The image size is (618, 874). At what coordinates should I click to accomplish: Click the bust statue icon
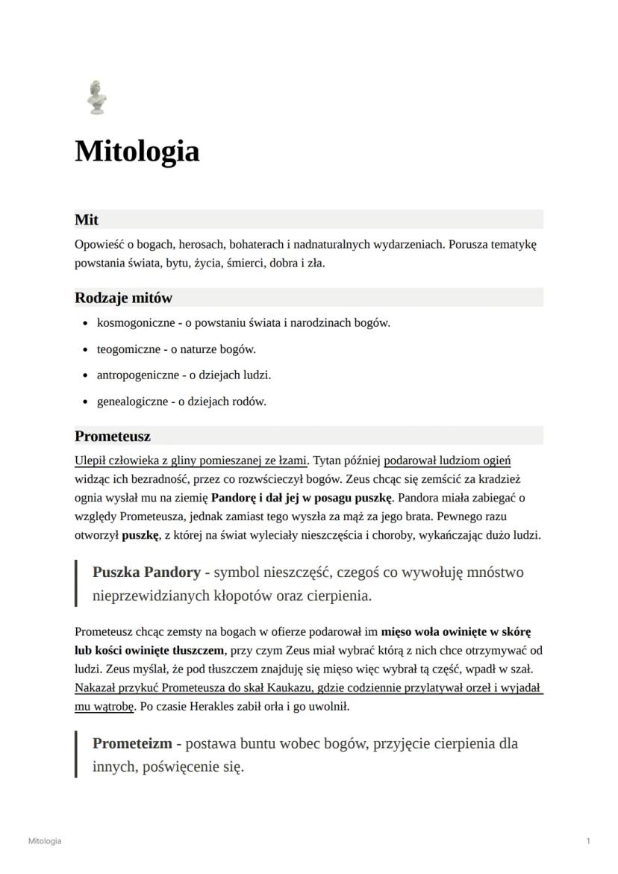click(96, 97)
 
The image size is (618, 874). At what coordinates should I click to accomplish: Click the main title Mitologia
click(137, 152)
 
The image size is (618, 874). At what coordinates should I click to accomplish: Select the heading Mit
click(87, 219)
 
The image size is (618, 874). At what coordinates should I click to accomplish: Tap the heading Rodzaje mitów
click(123, 298)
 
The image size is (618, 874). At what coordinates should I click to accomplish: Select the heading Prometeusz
click(112, 436)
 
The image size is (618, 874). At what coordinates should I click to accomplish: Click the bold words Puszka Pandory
click(146, 572)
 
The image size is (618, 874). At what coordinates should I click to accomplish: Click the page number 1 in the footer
click(588, 841)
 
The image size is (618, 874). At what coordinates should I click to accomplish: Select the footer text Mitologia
click(45, 841)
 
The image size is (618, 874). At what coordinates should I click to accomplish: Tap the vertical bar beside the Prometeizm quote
click(76, 754)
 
